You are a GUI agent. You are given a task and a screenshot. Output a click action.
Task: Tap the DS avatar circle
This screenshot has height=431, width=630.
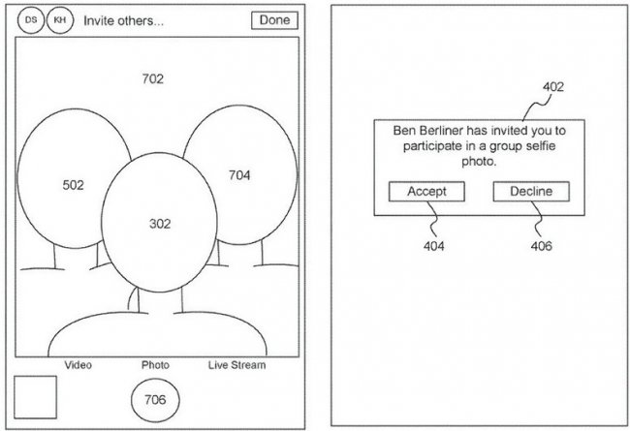(31, 19)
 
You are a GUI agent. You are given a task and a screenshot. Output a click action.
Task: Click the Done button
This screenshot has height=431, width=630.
(274, 20)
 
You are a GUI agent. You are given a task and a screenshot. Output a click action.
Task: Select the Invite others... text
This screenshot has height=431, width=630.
(123, 20)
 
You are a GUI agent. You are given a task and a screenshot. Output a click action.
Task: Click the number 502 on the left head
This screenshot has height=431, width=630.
(73, 184)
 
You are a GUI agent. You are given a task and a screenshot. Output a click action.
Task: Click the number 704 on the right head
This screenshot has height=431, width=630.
(239, 175)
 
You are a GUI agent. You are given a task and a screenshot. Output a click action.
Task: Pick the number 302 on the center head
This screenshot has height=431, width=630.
(159, 224)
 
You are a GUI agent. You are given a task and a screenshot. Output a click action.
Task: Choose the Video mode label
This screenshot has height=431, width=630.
(78, 365)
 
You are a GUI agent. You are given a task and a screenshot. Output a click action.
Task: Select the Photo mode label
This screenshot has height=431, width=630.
(155, 365)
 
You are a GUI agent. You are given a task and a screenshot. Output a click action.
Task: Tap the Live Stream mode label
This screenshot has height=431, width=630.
(236, 365)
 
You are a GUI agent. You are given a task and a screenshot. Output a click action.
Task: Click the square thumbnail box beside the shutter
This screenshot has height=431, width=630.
(35, 397)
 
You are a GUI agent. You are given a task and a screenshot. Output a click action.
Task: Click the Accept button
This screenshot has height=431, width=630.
(426, 192)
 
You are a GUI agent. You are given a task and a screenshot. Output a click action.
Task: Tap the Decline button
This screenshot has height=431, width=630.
(530, 192)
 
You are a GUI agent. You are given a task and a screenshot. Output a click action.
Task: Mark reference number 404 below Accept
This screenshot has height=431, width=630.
(433, 247)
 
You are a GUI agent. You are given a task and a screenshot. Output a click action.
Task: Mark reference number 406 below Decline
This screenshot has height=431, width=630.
(541, 247)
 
